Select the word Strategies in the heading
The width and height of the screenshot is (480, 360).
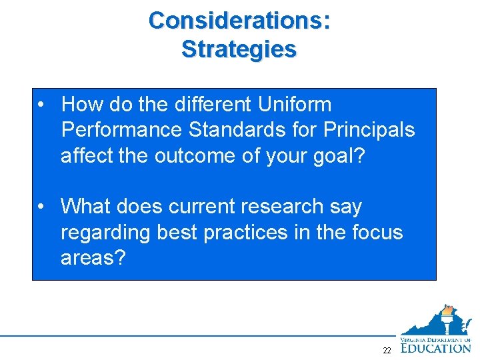point(239,49)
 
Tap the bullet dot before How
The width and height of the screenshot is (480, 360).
point(42,105)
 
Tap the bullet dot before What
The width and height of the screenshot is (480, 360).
point(42,207)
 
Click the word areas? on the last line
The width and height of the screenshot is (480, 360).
point(93,258)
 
